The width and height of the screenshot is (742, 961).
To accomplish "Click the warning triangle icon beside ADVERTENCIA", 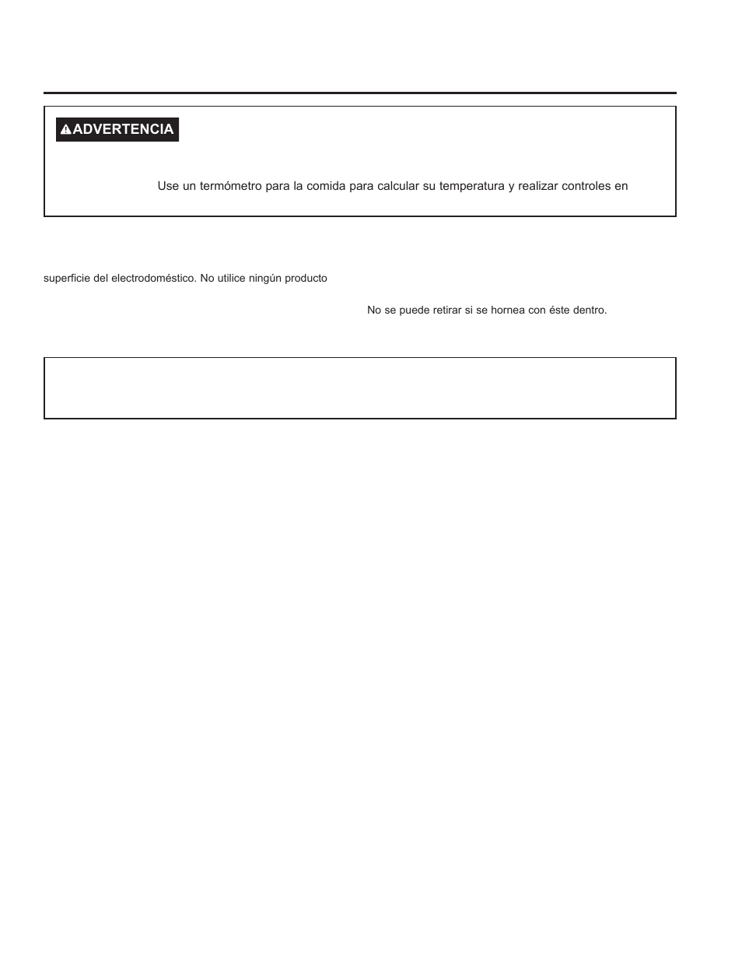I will [66, 130].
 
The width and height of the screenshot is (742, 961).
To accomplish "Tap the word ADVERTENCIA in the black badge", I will [123, 129].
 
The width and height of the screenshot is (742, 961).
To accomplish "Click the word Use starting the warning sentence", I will [168, 186].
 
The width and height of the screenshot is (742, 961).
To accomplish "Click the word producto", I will [307, 278].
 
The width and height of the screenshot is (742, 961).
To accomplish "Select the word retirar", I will [446, 310].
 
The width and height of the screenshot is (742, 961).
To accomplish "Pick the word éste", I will [560, 310].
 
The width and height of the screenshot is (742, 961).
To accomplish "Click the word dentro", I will [591, 310].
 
